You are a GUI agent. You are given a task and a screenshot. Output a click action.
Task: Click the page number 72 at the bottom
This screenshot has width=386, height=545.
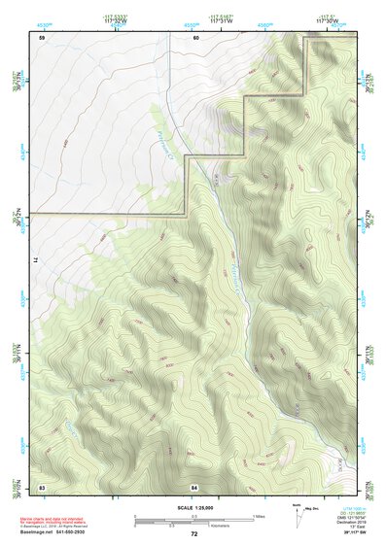point(193,533)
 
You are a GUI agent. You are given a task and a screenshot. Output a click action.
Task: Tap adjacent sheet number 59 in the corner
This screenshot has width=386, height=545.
point(42,38)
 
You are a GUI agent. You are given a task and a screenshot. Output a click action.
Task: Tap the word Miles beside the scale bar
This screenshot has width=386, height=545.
point(258,516)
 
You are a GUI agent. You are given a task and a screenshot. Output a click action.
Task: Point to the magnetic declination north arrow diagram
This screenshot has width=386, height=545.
point(296,515)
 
